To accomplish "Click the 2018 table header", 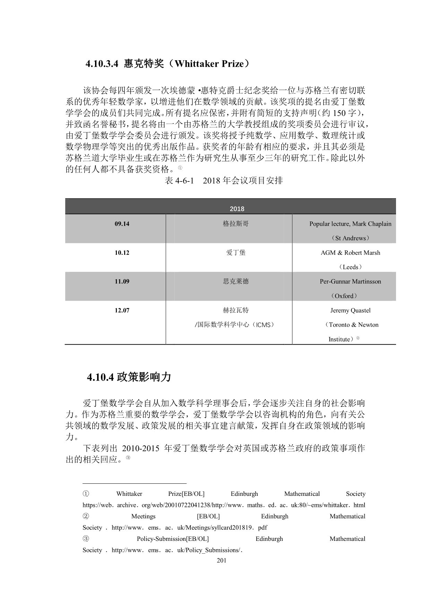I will tap(237, 209).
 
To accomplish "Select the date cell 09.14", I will tap(122, 224).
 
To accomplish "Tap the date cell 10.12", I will tap(122, 253).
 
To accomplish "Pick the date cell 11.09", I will tap(122, 282).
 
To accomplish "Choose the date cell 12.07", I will tap(122, 310).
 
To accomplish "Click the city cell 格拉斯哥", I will tap(236, 224).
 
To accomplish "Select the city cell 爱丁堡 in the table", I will tap(236, 253).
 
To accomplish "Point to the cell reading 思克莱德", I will tap(236, 282).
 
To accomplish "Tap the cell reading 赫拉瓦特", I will tap(236, 310).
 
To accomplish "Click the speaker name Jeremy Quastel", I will tap(350, 310).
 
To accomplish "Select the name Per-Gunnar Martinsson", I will tap(350, 282).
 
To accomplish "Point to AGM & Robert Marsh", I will tap(350, 253).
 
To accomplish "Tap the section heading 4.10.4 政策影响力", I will tap(129, 377).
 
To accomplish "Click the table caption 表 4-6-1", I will tap(179, 180).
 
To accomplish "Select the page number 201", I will tap(221, 561).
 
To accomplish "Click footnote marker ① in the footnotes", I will tap(86, 494).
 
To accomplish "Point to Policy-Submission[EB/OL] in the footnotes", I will tap(173, 539).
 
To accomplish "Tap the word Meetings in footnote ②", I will tap(143, 516).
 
